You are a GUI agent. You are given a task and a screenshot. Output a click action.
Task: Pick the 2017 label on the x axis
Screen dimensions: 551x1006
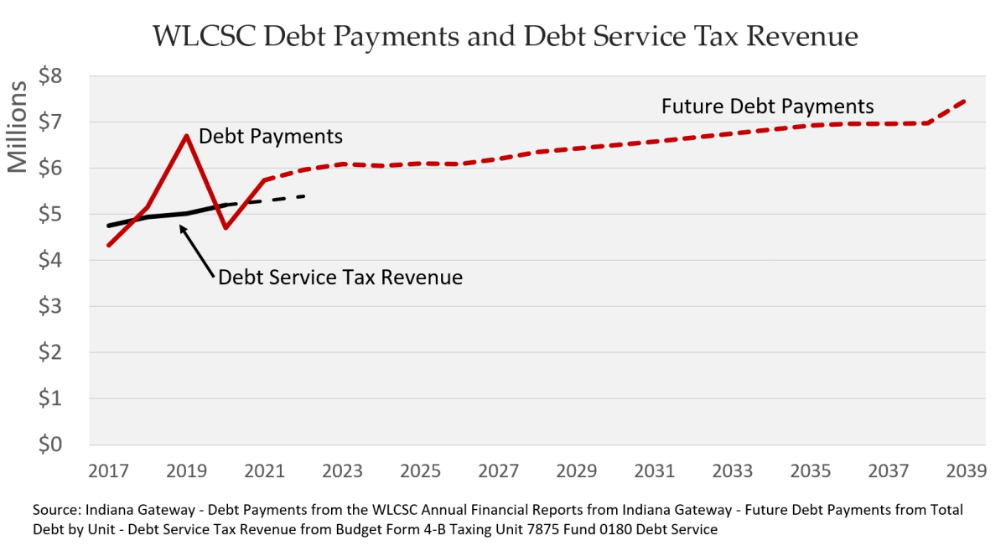[108, 470]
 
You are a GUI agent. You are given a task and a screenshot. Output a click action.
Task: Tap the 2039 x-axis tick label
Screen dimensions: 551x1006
[965, 470]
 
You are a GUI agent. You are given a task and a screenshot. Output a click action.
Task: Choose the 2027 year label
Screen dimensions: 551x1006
[498, 470]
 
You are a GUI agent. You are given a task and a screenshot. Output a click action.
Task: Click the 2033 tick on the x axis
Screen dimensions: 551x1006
[732, 470]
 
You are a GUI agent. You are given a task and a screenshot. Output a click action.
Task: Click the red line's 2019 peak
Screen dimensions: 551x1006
[187, 135]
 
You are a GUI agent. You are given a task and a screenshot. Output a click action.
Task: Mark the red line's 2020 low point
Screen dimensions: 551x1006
[226, 227]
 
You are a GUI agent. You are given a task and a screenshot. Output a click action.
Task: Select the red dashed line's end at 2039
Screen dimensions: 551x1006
[966, 101]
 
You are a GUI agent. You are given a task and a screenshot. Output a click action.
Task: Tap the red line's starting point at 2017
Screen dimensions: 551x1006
[109, 245]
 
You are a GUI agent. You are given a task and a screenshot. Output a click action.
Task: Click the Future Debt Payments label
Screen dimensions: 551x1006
[767, 107]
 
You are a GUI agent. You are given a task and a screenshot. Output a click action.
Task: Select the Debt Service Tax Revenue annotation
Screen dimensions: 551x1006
[340, 277]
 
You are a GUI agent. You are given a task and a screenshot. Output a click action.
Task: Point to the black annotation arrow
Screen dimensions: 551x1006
[199, 246]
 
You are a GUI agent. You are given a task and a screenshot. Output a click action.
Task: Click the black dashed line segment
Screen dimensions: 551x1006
[277, 199]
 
